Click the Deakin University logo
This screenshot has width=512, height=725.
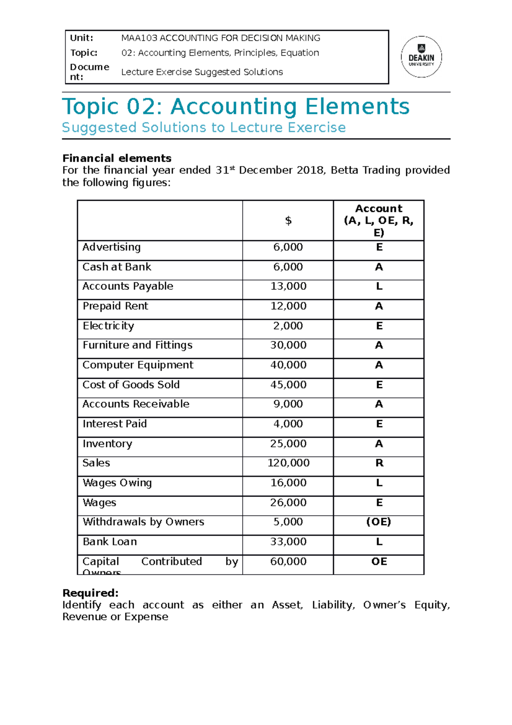421,57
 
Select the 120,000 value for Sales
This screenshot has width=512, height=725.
288,463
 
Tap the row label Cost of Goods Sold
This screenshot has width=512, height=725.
131,385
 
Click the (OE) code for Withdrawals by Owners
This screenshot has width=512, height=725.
379,522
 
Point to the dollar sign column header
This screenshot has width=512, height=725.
288,221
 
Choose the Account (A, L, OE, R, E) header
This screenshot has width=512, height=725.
379,220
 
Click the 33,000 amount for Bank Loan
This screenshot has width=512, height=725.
288,542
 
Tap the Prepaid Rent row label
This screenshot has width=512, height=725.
115,306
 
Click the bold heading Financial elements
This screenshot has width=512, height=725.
117,158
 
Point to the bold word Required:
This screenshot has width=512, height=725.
90,593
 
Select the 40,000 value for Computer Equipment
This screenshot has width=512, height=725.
288,365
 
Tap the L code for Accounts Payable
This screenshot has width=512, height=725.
379,286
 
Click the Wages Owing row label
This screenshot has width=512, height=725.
117,483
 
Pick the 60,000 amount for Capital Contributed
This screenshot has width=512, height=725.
288,561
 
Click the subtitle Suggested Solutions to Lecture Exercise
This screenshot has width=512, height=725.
204,128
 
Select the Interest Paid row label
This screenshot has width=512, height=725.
115,424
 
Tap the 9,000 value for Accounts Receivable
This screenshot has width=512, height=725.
288,404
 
